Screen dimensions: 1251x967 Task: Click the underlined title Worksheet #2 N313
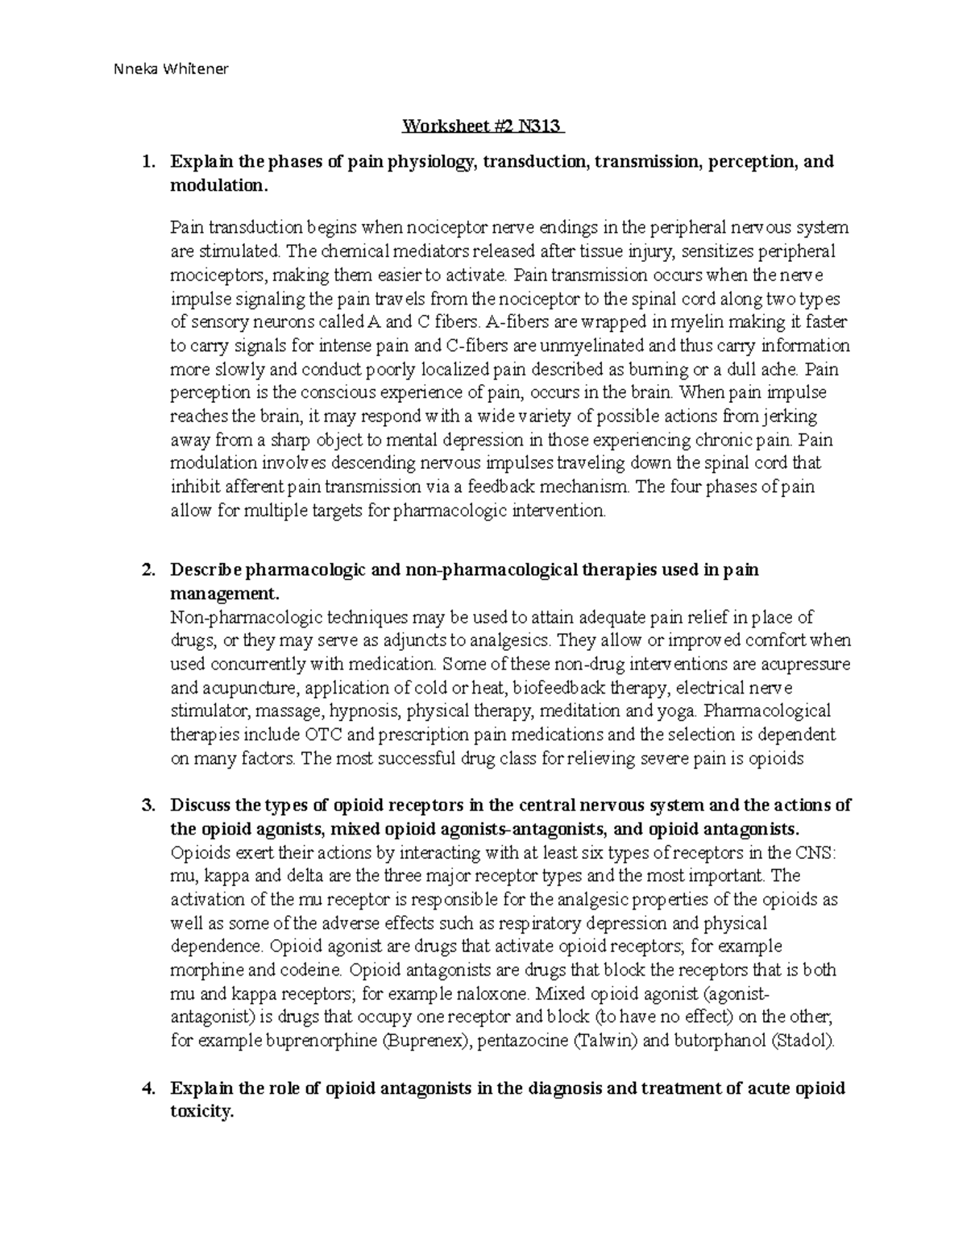tap(483, 126)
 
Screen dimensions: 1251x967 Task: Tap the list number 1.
tap(147, 162)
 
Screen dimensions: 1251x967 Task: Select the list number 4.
tap(147, 1089)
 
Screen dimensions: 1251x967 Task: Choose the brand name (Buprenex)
tap(425, 1041)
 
